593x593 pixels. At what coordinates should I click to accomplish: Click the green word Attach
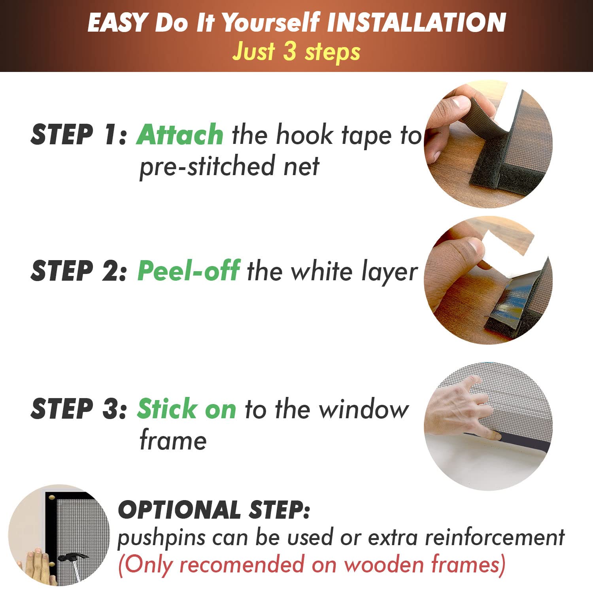180,135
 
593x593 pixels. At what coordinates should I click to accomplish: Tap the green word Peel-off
188,271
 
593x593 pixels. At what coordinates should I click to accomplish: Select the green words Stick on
187,409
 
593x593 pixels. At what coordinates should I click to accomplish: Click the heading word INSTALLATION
416,23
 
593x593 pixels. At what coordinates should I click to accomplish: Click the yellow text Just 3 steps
296,52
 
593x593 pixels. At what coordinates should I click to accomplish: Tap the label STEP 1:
78,135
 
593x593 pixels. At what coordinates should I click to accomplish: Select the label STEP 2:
78,271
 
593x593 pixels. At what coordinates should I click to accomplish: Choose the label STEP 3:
78,409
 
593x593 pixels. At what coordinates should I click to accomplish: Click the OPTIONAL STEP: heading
213,510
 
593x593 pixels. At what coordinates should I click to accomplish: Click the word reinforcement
495,538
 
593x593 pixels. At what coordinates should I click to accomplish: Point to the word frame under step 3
173,440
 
